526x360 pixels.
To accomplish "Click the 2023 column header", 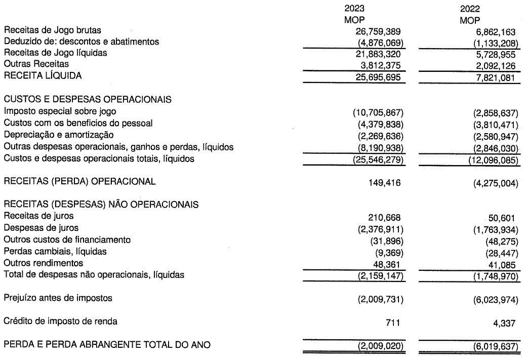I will [354, 9].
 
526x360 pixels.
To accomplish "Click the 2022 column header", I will [470, 9].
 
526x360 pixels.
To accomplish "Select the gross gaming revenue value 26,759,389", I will [374, 31].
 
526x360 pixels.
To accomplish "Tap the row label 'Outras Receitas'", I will [36, 64].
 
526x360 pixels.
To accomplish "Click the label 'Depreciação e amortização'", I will [58, 135].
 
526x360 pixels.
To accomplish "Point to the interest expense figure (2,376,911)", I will [376, 229].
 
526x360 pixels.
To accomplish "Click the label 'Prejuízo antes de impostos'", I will [58, 298].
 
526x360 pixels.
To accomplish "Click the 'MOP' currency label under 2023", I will [354, 20].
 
